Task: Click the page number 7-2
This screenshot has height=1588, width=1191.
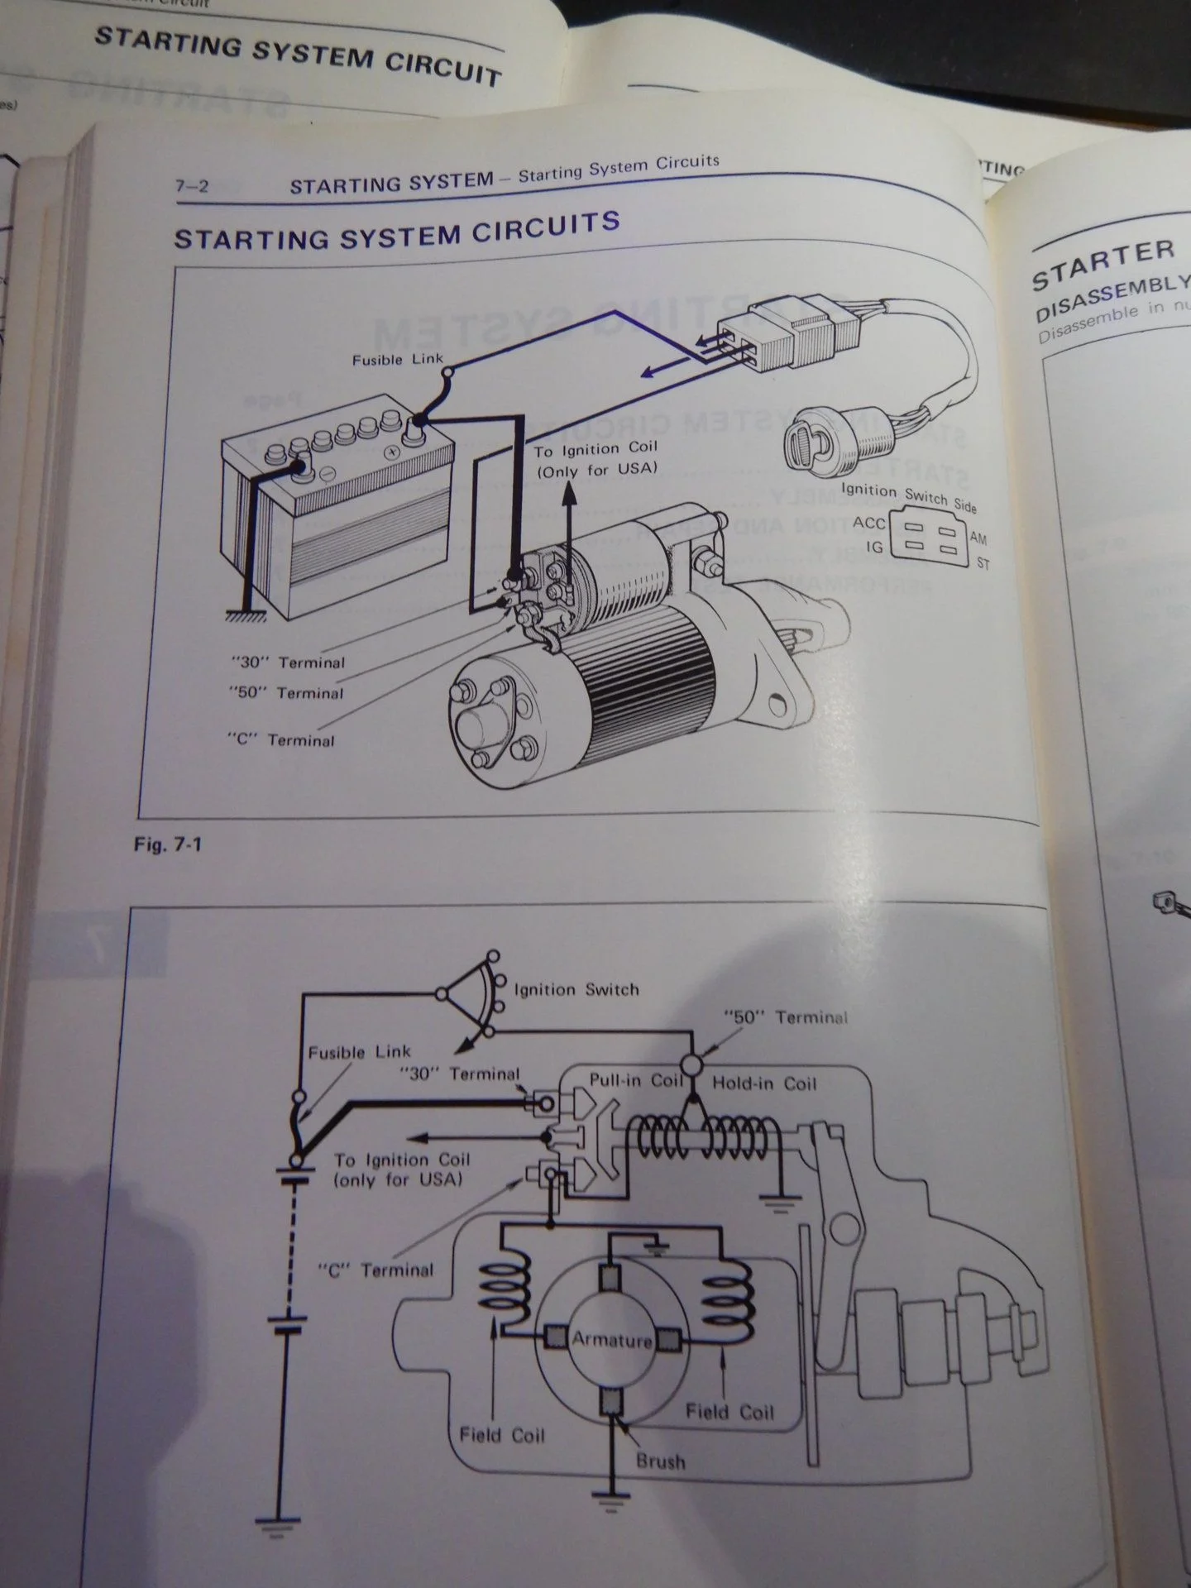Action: point(192,186)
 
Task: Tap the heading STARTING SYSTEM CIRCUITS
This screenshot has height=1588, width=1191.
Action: point(397,231)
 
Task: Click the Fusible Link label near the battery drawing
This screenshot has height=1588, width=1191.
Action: point(398,360)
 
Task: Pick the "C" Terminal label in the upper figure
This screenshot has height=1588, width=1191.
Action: point(281,739)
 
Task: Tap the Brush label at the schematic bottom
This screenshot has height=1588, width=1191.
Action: point(660,1461)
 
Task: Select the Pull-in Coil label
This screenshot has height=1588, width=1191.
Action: point(636,1081)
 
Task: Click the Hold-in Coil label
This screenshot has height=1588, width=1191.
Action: point(763,1083)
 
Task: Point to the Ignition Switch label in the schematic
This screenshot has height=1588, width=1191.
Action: point(576,989)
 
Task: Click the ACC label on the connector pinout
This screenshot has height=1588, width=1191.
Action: point(868,523)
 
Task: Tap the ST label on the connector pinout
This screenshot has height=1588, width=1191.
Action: point(983,564)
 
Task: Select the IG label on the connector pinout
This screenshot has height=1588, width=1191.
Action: point(874,548)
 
